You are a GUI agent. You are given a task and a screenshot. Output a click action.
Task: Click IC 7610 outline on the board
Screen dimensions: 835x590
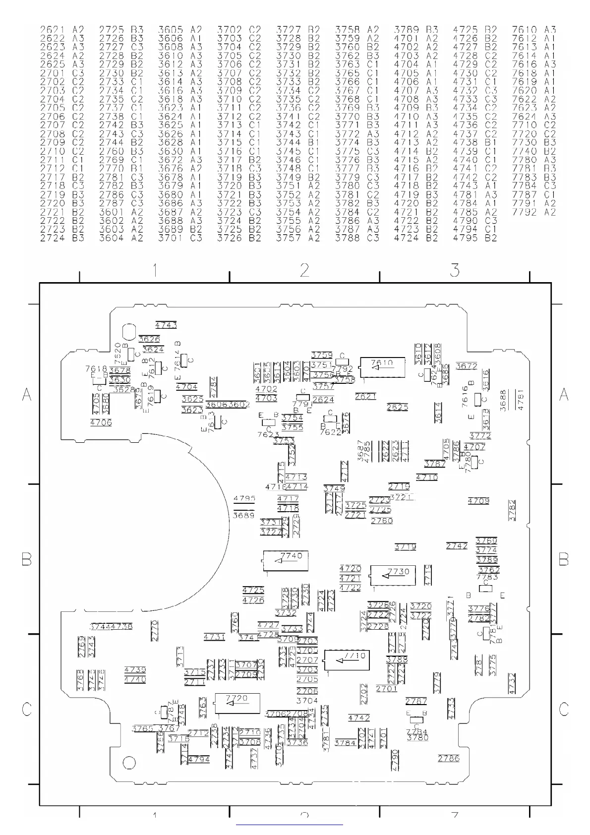tap(382, 367)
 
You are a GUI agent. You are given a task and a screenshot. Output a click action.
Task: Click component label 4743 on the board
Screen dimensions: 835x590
tap(166, 326)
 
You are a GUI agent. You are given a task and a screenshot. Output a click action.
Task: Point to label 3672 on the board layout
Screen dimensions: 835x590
tap(466, 366)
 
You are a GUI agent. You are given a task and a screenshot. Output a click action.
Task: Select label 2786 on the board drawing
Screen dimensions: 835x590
tap(449, 758)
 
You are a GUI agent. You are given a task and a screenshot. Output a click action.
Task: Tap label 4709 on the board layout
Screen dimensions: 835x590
tap(478, 501)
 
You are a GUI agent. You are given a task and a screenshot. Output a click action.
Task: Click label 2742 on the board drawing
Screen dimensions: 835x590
tap(457, 546)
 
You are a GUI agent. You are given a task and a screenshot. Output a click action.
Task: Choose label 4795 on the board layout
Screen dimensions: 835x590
tap(244, 498)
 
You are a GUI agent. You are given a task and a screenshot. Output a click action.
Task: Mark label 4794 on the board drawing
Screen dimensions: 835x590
tap(199, 759)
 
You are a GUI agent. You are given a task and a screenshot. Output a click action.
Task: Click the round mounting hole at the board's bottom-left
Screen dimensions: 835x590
tap(129, 763)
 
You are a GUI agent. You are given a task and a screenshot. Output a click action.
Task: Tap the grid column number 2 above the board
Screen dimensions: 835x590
tap(304, 270)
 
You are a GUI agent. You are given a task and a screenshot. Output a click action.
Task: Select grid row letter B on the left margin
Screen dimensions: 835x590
tap(27, 560)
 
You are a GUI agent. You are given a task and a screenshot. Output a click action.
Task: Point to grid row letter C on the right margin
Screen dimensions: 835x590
tap(564, 710)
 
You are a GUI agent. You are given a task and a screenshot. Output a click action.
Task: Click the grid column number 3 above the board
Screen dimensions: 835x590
tap(455, 270)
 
